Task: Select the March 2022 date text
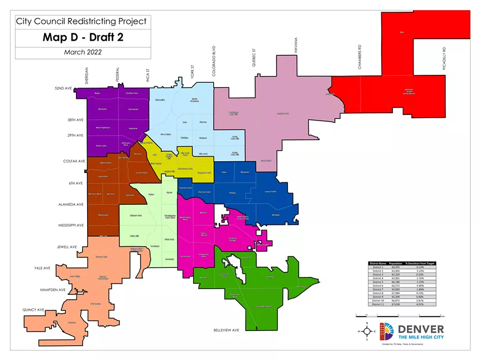[83, 52]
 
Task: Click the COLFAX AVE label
[73, 161]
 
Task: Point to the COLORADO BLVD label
[213, 61]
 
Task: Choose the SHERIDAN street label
[87, 76]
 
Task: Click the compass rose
[366, 332]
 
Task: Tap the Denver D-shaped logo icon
[387, 332]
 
